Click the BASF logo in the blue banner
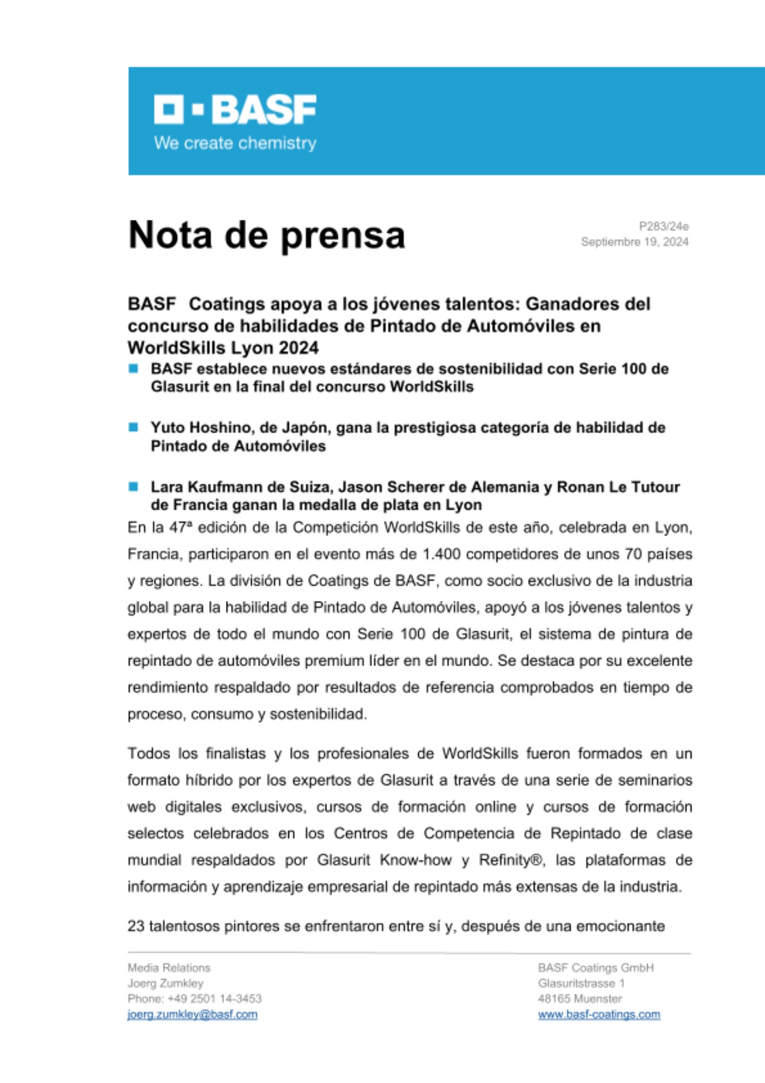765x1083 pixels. pyautogui.click(x=235, y=109)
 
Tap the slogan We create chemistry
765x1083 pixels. pyautogui.click(x=235, y=143)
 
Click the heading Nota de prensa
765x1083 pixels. pyautogui.click(x=266, y=236)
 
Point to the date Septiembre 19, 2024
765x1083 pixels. pyautogui.click(x=634, y=242)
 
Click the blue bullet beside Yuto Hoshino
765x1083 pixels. pyautogui.click(x=134, y=427)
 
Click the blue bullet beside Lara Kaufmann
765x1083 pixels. pyautogui.click(x=134, y=486)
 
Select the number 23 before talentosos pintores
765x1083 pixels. pyautogui.click(x=136, y=927)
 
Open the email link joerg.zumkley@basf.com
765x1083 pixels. pyautogui.click(x=192, y=1015)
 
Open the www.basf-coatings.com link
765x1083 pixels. pyautogui.click(x=598, y=1015)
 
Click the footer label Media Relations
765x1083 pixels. pyautogui.click(x=169, y=968)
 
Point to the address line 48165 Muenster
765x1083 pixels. pyautogui.click(x=579, y=999)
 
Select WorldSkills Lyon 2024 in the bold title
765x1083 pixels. pyautogui.click(x=223, y=348)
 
